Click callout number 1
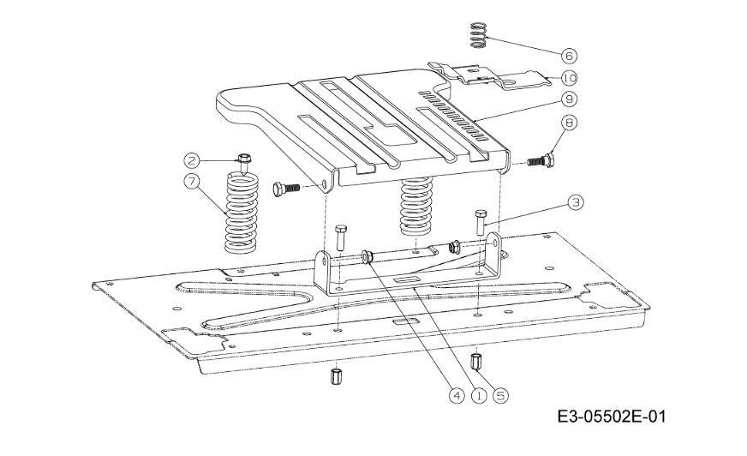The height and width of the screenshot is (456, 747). pos(479,395)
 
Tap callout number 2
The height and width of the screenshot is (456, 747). pos(192,160)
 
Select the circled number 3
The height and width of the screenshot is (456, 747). pos(576,202)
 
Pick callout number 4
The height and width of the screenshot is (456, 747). pos(456,395)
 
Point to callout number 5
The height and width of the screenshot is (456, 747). pos(500,395)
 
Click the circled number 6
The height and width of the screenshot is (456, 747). pos(569,56)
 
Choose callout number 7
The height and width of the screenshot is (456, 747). pos(192,182)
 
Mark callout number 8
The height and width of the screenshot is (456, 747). pos(569,122)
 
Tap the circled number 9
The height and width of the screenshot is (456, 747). pos(569,99)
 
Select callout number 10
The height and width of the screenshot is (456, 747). pos(569,77)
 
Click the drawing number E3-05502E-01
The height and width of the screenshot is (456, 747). pos(612,416)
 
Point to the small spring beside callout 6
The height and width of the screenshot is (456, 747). pos(478,35)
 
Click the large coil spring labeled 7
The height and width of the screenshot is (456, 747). pos(242,213)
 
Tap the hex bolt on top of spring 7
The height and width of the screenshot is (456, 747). pos(244,163)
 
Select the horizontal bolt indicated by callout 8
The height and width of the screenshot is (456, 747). pos(541,161)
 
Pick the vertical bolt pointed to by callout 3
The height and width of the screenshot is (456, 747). pos(481,222)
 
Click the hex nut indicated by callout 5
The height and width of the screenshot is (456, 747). pos(476,362)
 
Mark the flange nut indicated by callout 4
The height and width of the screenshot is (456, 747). pos(367,257)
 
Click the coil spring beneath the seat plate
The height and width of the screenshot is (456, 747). pos(415,207)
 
